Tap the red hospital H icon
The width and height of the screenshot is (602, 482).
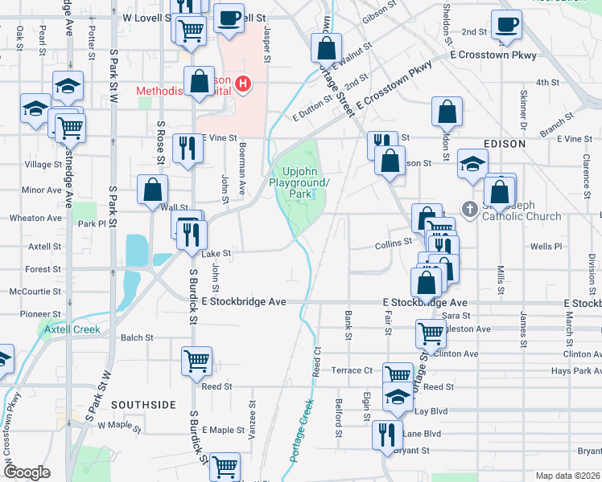click(241, 83)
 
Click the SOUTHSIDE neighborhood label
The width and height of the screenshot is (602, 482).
click(143, 405)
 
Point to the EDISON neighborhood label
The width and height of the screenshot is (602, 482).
click(504, 144)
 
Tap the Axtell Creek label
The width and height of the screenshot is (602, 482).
click(72, 329)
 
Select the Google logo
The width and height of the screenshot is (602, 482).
click(26, 472)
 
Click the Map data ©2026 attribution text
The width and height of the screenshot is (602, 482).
click(567, 476)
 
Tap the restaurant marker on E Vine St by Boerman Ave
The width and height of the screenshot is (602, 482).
click(188, 147)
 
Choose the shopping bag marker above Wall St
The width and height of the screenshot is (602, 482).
click(153, 190)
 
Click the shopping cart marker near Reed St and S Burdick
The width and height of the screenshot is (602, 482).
click(196, 361)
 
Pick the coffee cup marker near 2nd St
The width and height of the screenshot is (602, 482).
click(506, 24)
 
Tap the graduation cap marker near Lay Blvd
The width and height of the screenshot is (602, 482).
click(397, 397)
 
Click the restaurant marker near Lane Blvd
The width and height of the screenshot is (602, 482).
click(387, 435)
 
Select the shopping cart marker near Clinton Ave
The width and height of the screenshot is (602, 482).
click(431, 333)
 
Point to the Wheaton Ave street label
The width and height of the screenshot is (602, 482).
click(35, 218)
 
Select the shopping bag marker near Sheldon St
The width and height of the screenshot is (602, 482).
click(447, 112)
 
